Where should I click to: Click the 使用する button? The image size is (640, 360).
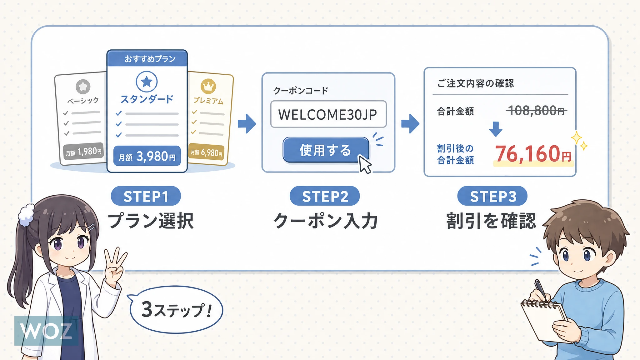click(x=326, y=150)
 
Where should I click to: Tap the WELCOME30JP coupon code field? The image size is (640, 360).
click(x=328, y=114)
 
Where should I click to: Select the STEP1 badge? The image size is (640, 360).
click(x=146, y=196)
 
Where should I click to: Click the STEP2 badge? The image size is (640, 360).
click(x=325, y=196)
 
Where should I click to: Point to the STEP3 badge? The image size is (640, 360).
click(x=492, y=196)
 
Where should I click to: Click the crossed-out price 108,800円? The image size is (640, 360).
click(x=536, y=111)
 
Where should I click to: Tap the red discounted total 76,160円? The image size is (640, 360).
click(x=533, y=154)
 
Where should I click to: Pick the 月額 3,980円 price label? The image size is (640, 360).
click(x=147, y=156)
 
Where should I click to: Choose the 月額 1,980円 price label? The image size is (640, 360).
click(x=83, y=152)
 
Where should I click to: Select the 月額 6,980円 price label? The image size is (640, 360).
click(x=207, y=152)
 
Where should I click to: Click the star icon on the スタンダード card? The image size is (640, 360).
click(x=147, y=82)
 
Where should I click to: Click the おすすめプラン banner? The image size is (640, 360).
click(x=147, y=58)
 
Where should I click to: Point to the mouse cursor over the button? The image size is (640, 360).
click(x=364, y=164)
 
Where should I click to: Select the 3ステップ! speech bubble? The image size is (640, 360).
click(x=176, y=310)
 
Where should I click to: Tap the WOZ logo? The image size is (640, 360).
click(x=46, y=331)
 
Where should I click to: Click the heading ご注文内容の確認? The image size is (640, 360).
click(x=475, y=83)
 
